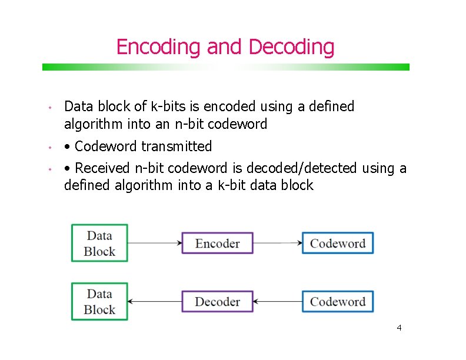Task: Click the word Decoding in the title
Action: pyautogui.click(x=291, y=46)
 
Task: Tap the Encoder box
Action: pyautogui.click(x=217, y=243)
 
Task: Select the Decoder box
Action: pyautogui.click(x=217, y=302)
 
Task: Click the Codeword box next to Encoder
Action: pyautogui.click(x=338, y=243)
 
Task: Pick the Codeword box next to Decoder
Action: pyautogui.click(x=338, y=302)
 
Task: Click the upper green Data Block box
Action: pyautogui.click(x=99, y=243)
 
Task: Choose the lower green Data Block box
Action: pyautogui.click(x=99, y=302)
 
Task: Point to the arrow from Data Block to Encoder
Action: pyautogui.click(x=155, y=243)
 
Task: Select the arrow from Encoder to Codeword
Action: pyautogui.click(x=277, y=243)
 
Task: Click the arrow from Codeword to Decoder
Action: pyautogui.click(x=277, y=302)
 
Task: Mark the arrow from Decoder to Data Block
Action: pyautogui.click(x=155, y=302)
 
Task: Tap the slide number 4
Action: pyautogui.click(x=399, y=328)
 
